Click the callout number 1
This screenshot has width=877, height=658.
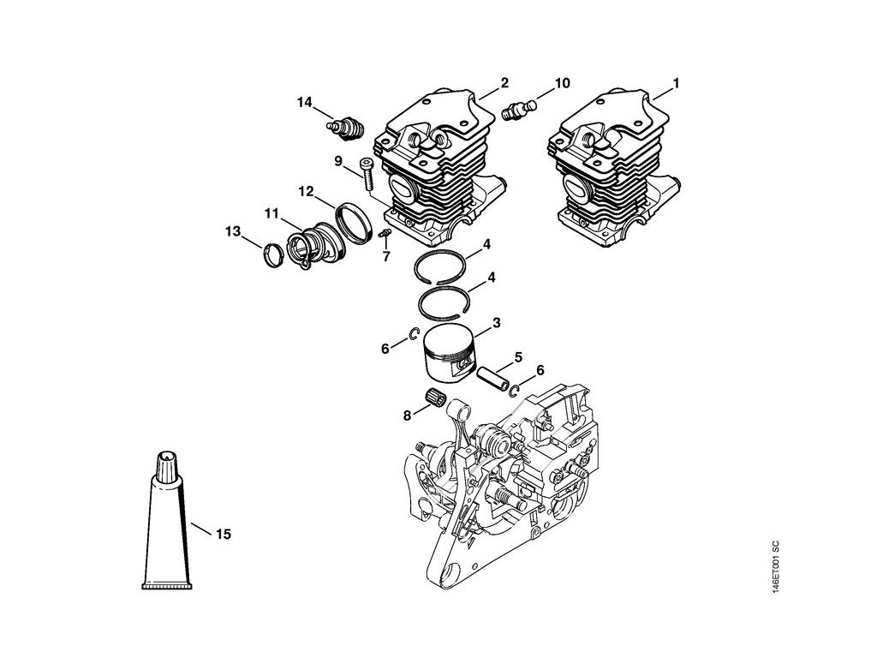[676, 83]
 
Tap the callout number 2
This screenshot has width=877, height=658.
[504, 83]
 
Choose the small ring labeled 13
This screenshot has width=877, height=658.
[272, 255]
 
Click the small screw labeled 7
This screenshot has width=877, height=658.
[385, 233]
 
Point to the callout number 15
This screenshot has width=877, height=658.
[223, 535]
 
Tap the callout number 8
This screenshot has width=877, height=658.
[407, 416]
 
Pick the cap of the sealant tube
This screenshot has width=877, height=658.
[166, 467]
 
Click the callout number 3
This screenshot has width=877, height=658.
[496, 323]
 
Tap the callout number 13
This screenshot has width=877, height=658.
[232, 231]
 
